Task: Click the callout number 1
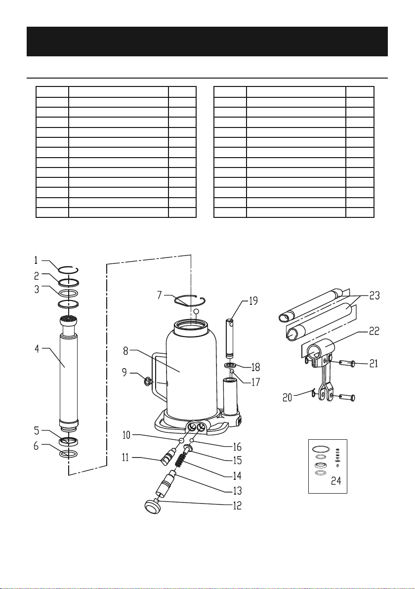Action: [36, 260]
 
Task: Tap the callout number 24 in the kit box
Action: [336, 480]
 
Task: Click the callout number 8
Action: [126, 351]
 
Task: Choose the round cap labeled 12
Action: [153, 506]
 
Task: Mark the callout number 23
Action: [374, 295]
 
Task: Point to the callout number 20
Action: [288, 397]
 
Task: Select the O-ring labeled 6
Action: [69, 454]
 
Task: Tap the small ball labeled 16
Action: [192, 440]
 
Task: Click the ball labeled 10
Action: [181, 440]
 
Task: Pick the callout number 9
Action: [124, 372]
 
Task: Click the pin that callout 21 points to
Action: [347, 363]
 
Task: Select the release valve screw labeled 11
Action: [168, 456]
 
